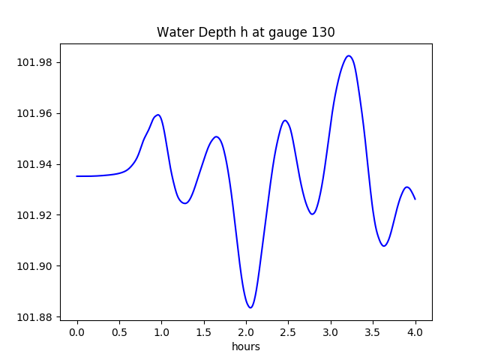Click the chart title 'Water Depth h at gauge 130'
[x=245, y=32]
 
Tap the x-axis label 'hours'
[x=245, y=346]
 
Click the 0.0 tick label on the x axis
[x=77, y=332]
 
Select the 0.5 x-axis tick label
[x=119, y=332]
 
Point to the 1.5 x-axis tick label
[x=204, y=332]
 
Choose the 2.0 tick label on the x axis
[x=246, y=332]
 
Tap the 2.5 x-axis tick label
[x=289, y=332]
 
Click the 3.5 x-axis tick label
[x=373, y=332]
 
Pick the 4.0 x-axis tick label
[x=415, y=332]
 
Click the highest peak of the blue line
[x=349, y=55]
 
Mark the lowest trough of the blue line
[x=250, y=307]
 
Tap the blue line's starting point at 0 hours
[x=77, y=176]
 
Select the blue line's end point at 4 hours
[x=415, y=199]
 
